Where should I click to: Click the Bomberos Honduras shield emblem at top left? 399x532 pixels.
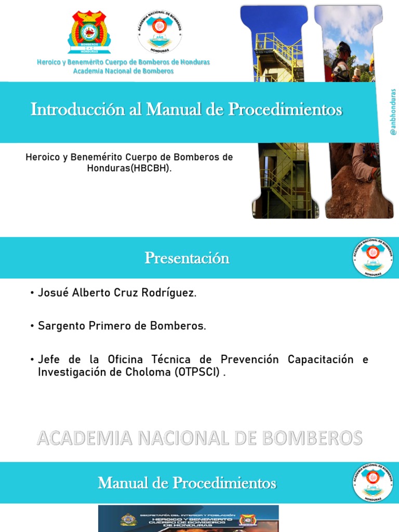pyautogui.click(x=89, y=32)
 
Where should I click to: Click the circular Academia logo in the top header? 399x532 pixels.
pyautogui.click(x=159, y=32)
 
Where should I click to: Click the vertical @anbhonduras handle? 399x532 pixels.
pyautogui.click(x=393, y=113)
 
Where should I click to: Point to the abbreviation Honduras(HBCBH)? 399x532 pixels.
pyautogui.click(x=129, y=168)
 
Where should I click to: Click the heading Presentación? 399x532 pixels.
pyautogui.click(x=187, y=258)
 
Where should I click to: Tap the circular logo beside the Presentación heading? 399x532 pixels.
pyautogui.click(x=373, y=257)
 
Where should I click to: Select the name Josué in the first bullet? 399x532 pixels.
pyautogui.click(x=51, y=292)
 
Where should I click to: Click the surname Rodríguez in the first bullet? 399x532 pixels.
pyautogui.click(x=172, y=292)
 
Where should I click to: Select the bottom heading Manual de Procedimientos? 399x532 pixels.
pyautogui.click(x=187, y=483)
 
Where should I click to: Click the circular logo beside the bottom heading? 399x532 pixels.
pyautogui.click(x=373, y=482)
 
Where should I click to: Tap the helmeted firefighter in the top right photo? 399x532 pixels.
pyautogui.click(x=342, y=60)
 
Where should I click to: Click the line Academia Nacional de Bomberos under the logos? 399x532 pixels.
pyautogui.click(x=123, y=71)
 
